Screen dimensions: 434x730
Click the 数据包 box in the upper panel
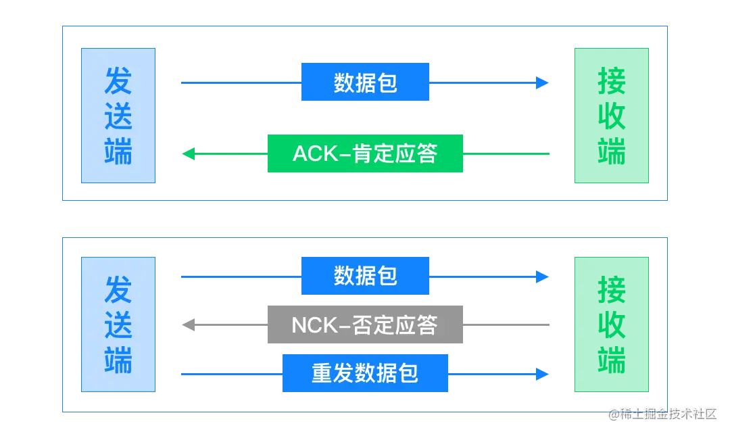[365, 82]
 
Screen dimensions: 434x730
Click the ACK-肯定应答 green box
[365, 153]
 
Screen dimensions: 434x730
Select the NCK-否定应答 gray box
[365, 325]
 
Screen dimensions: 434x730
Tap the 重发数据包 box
[365, 373]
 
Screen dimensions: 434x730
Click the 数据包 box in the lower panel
[365, 276]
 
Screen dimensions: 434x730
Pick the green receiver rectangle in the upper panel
[611, 114]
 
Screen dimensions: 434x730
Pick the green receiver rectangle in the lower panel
[611, 324]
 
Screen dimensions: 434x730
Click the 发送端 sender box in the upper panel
[119, 114]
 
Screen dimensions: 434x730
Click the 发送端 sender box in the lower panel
[119, 324]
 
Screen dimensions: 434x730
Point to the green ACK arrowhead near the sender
[187, 154]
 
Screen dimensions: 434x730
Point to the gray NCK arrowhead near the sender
[187, 324]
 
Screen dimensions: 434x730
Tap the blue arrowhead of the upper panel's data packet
[543, 83]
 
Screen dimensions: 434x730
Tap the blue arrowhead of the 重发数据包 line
[543, 374]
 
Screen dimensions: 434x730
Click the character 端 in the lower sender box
[119, 360]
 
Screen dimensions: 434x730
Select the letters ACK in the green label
[315, 154]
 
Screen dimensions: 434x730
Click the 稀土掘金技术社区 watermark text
[666, 413]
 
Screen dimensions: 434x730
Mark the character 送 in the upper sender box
[119, 116]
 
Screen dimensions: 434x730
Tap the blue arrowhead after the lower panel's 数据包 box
[543, 276]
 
